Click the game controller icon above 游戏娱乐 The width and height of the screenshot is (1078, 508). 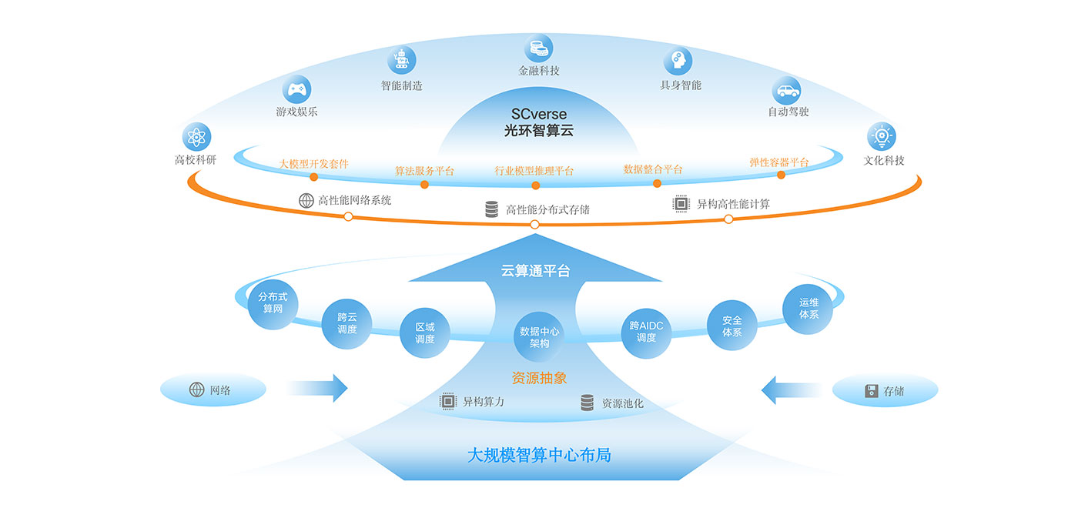pyautogui.click(x=296, y=89)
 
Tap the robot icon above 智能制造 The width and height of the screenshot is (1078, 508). pyautogui.click(x=401, y=59)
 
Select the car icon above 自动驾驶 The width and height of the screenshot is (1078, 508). pyautogui.click(x=786, y=91)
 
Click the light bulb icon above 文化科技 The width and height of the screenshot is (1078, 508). pyautogui.click(x=882, y=137)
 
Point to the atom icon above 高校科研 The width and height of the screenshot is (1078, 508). pyautogui.click(x=196, y=137)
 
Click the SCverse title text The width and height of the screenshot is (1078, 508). pyautogui.click(x=538, y=115)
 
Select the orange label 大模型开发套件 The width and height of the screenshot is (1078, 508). pyautogui.click(x=313, y=163)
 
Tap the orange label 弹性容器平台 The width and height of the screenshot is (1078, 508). pyautogui.click(x=779, y=162)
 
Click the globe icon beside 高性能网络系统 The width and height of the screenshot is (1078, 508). pyautogui.click(x=306, y=200)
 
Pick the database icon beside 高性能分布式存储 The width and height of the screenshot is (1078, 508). pyautogui.click(x=491, y=209)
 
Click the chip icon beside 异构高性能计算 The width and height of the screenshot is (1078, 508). pyautogui.click(x=681, y=203)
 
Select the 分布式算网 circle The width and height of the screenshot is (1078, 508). pyautogui.click(x=273, y=303)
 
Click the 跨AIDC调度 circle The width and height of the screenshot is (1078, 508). pyautogui.click(x=646, y=332)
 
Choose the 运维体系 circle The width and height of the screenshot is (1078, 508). pyautogui.click(x=808, y=309)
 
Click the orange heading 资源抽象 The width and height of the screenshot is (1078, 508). pyautogui.click(x=539, y=378)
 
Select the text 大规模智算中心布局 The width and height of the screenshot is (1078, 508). pyautogui.click(x=539, y=455)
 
